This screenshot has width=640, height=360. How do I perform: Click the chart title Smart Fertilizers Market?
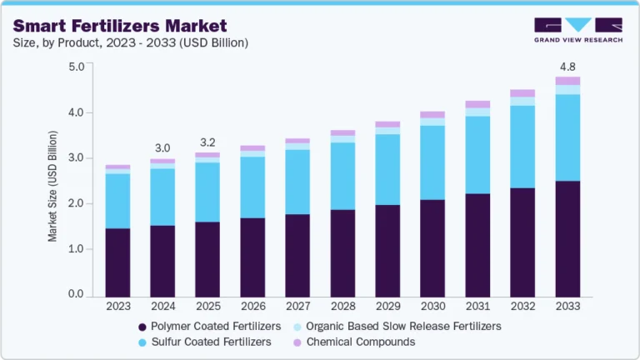coord(119,26)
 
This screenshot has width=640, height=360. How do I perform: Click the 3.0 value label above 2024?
coord(162,148)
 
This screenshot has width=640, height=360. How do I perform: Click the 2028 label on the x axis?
coord(342,307)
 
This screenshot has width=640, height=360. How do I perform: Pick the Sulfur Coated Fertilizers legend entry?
coord(203,342)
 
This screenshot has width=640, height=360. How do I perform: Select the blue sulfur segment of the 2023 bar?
coord(118,201)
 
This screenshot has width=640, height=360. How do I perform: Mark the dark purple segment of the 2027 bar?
coord(297,255)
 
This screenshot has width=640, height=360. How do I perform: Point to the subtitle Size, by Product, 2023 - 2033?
coord(130,42)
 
